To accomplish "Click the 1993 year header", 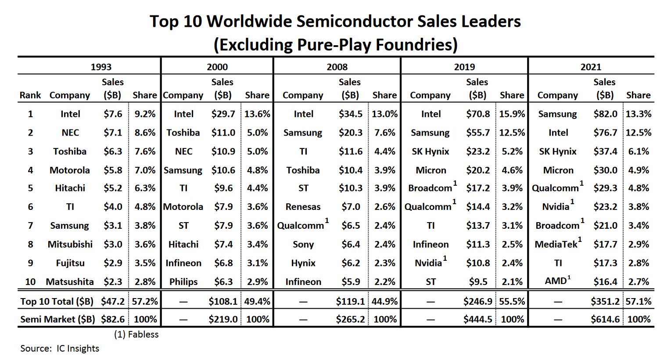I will (101, 67).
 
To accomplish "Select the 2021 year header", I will (591, 67).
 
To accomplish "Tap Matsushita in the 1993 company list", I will (70, 281).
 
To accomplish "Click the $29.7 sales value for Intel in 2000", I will (223, 114).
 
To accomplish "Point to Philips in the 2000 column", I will (183, 281).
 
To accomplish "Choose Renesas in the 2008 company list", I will (303, 206).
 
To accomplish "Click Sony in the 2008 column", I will (303, 244).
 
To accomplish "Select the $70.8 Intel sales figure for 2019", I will (478, 114).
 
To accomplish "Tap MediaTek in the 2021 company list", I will (556, 244).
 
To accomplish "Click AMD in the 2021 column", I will (556, 281).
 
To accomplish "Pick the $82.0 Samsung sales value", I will (605, 114).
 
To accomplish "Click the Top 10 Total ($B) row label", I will (57, 301).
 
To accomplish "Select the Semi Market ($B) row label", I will (57, 319).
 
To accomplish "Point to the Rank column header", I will (30, 95).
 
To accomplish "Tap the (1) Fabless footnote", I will (136, 335).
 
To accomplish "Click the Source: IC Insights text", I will (60, 349).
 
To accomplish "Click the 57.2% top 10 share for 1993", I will (145, 301).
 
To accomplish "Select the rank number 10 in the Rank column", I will (30, 281).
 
